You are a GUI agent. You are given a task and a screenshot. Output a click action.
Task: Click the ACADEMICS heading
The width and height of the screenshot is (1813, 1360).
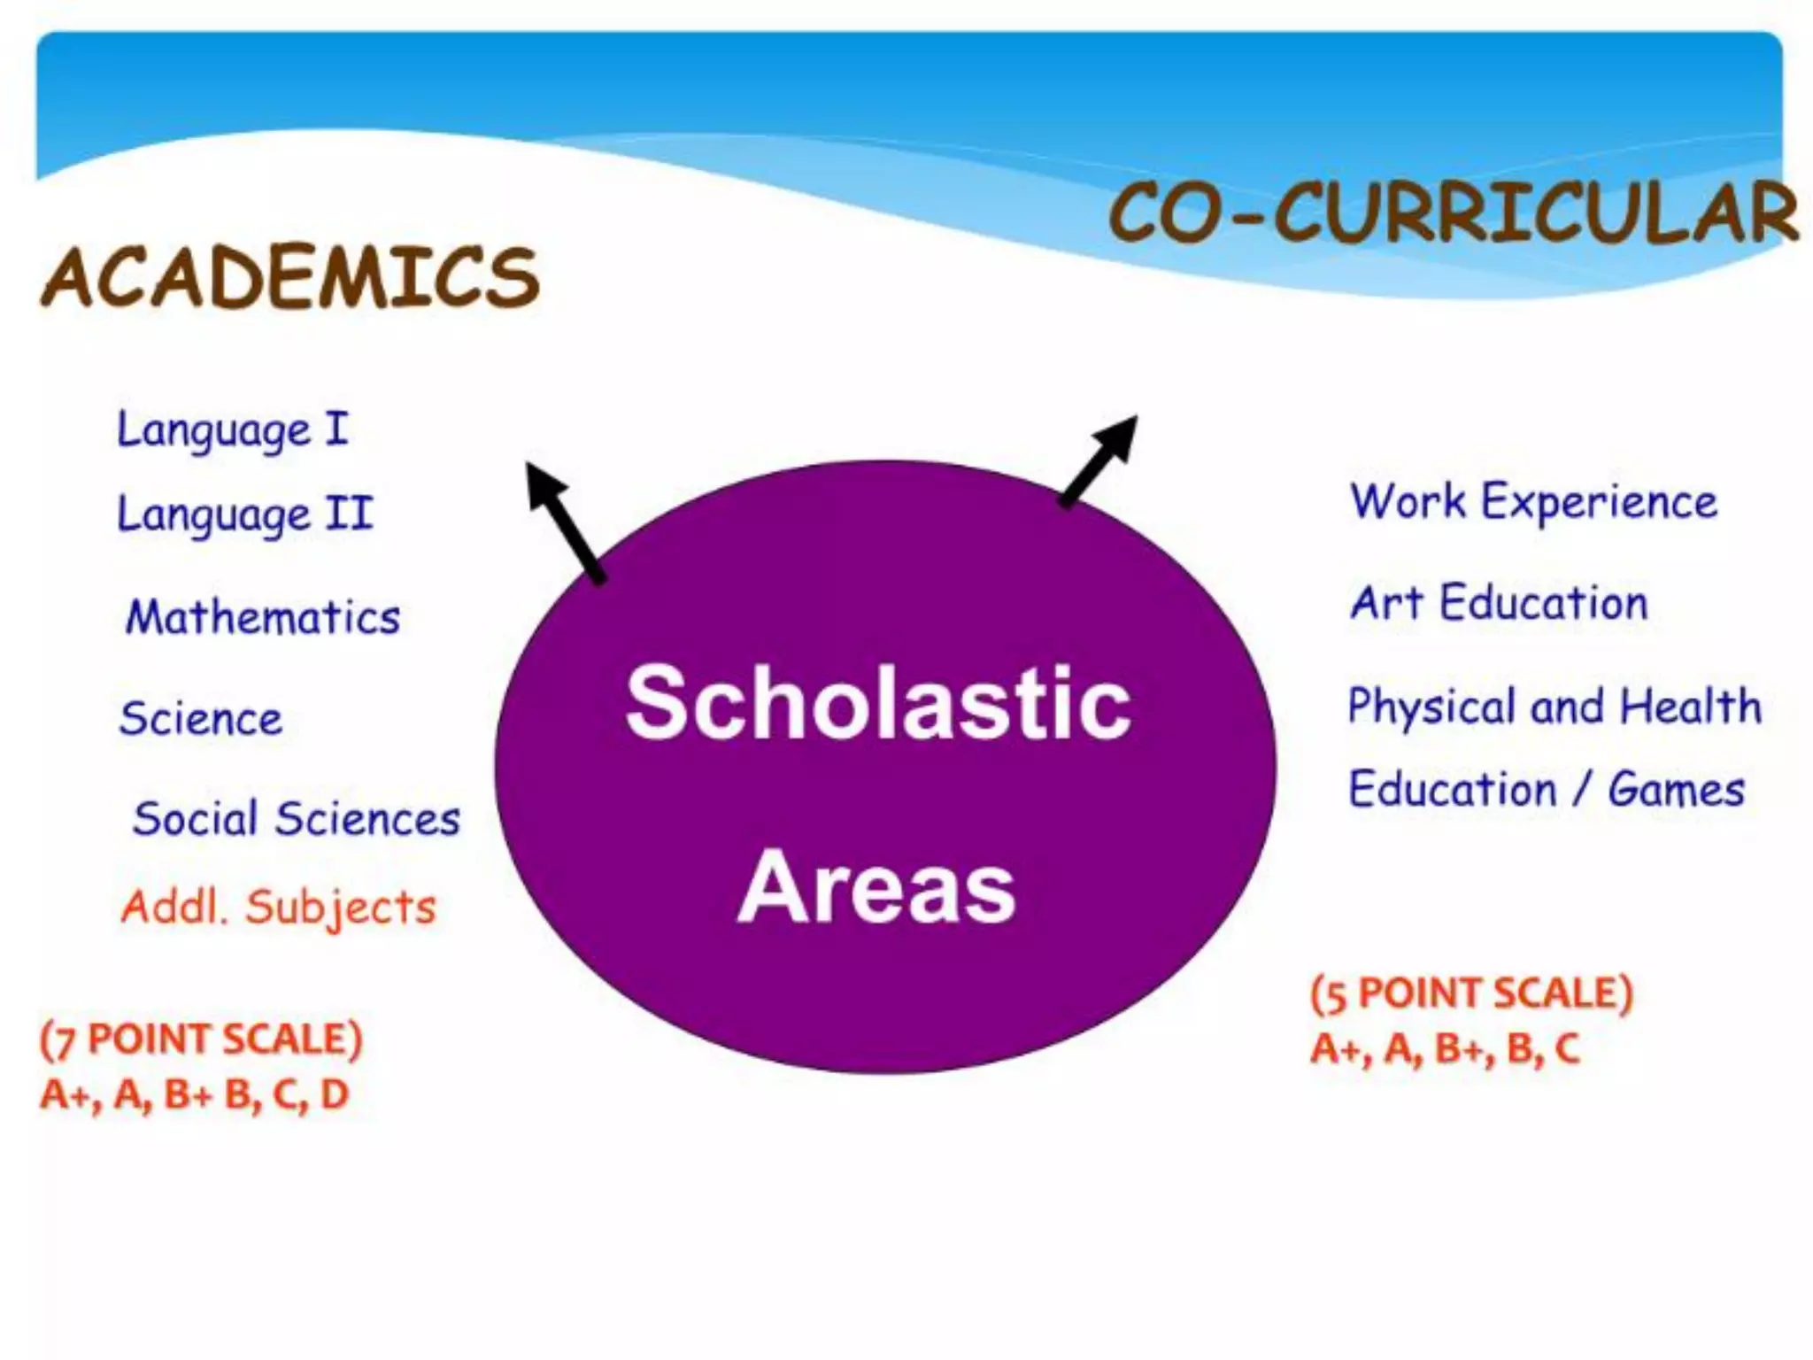pos(290,277)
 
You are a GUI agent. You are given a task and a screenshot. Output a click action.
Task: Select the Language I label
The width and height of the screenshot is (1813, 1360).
pos(233,431)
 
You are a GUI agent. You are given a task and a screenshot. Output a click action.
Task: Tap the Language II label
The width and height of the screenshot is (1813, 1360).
pos(245,514)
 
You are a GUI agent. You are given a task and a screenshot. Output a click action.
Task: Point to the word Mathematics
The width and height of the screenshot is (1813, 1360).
pos(263,617)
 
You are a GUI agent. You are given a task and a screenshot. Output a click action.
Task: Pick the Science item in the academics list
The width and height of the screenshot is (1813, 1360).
pos(201,718)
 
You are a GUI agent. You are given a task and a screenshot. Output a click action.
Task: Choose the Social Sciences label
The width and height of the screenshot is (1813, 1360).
pos(297,818)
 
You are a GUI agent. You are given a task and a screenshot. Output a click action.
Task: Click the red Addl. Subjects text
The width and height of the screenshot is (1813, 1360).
pos(279,908)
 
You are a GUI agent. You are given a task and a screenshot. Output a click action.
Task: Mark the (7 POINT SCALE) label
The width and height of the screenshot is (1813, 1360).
pos(202,1039)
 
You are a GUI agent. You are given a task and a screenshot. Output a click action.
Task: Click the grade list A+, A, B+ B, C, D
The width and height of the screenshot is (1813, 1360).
pos(195,1095)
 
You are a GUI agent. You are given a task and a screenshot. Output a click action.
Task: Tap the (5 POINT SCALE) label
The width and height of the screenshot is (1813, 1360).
pos(1472,993)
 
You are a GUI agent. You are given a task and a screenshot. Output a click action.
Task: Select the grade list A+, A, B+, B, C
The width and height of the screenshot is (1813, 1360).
pos(1445,1049)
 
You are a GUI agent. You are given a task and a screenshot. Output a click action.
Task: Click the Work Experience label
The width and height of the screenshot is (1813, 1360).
pos(1533,503)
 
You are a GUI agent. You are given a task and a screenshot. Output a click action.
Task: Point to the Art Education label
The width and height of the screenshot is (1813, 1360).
pos(1499,604)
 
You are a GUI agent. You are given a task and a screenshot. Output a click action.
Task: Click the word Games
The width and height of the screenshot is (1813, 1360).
pos(1676,790)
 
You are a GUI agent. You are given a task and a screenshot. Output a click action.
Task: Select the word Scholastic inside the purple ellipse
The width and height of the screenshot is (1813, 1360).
pos(878,704)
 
